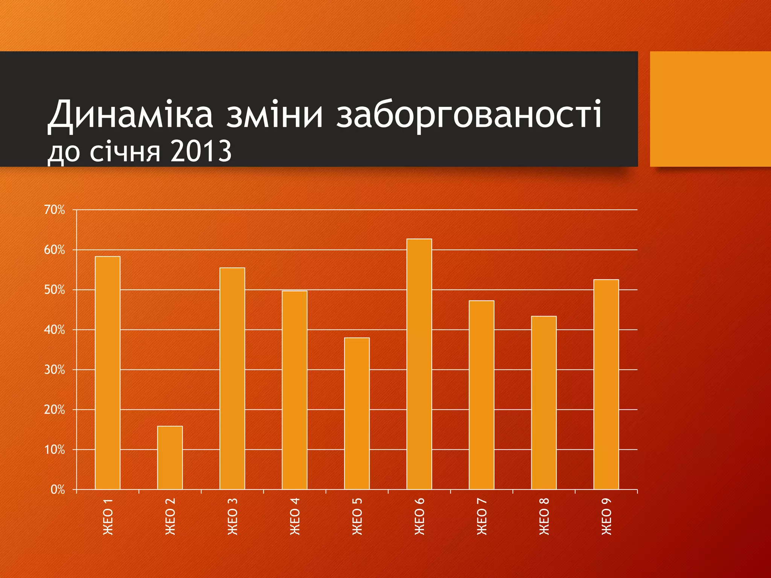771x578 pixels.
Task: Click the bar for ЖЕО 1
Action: tap(108, 373)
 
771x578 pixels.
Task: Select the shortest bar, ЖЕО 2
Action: tap(170, 458)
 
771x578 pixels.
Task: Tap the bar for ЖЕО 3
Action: tap(232, 378)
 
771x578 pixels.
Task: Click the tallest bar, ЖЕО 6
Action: tap(419, 364)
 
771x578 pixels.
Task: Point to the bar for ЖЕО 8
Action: tap(544, 403)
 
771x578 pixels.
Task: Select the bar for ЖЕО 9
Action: tap(606, 384)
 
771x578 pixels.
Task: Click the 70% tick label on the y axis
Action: tap(55, 210)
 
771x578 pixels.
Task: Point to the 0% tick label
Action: tap(58, 490)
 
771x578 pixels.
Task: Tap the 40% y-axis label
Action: tap(55, 330)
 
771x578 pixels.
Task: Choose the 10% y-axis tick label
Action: tap(55, 450)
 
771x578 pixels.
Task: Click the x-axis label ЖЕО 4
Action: tap(295, 516)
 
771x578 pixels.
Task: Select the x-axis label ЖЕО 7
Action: tap(481, 516)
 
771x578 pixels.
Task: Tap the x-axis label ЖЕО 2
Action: tap(170, 516)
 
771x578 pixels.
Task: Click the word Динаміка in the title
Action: tap(130, 114)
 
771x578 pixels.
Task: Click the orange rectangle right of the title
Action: tap(710, 109)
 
